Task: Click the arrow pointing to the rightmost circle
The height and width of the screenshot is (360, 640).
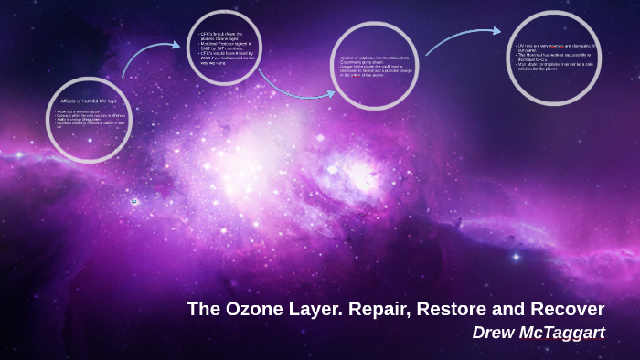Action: (462, 38)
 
